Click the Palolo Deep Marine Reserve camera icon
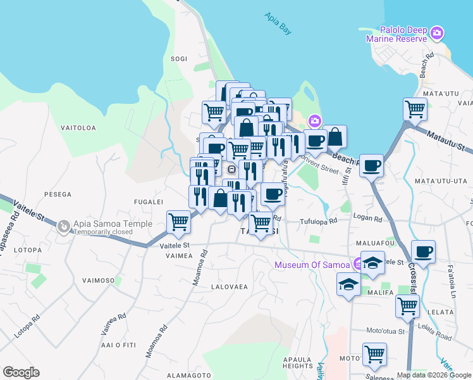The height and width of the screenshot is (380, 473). [x=436, y=33]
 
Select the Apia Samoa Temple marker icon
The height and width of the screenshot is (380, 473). [x=63, y=226]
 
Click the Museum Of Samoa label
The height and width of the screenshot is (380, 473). [x=312, y=264]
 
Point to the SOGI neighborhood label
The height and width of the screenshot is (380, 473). [x=179, y=59]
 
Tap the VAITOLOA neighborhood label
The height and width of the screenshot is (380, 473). [x=78, y=128]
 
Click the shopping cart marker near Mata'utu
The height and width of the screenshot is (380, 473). [x=415, y=109]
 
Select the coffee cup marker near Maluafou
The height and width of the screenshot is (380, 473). [x=423, y=252]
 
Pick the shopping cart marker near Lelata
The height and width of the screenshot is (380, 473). [x=407, y=306]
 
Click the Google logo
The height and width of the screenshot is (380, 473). [x=21, y=372]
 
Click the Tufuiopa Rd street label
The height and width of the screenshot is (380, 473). [x=318, y=222]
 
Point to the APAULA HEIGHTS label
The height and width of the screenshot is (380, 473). [x=297, y=362]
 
